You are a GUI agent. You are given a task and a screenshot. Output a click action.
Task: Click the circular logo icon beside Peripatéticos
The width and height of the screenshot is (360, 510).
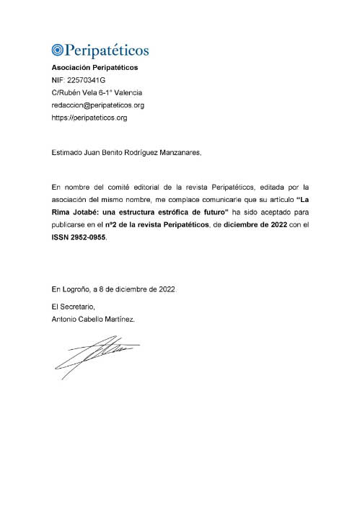pyautogui.click(x=58, y=50)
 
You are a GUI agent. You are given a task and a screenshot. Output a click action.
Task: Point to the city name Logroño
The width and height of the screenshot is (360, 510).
pyautogui.click(x=76, y=289)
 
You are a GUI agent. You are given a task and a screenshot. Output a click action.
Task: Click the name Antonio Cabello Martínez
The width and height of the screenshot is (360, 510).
pyautogui.click(x=92, y=319)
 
